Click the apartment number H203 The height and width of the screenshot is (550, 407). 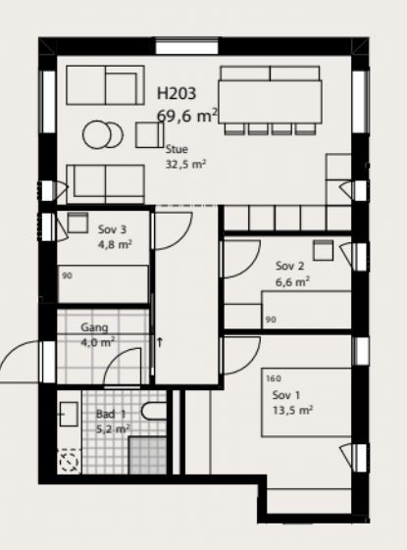(x=177, y=93)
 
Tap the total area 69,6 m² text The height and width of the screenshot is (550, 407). (x=187, y=116)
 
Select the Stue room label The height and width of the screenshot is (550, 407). (x=177, y=149)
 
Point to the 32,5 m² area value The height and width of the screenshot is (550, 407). (x=185, y=164)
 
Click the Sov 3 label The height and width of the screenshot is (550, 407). (x=112, y=229)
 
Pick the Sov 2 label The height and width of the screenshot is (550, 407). (x=289, y=266)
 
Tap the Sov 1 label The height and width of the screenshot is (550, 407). (x=286, y=395)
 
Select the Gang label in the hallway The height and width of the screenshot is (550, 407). (x=94, y=327)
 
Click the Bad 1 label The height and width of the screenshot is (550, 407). (x=111, y=414)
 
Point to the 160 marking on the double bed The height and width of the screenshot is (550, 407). (x=274, y=378)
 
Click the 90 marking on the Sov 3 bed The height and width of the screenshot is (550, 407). (x=67, y=275)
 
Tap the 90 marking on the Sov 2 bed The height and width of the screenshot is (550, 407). (x=271, y=320)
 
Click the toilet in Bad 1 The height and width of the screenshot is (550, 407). (x=154, y=411)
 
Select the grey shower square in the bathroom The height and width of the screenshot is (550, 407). (x=148, y=455)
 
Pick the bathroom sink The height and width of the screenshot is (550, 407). (x=69, y=414)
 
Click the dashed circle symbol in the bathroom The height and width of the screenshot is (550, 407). (x=69, y=462)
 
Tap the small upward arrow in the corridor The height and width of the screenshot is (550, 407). (x=160, y=342)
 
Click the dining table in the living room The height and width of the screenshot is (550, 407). (x=270, y=102)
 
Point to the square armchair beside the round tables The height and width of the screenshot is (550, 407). (x=149, y=134)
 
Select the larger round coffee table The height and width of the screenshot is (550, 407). (x=97, y=134)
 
